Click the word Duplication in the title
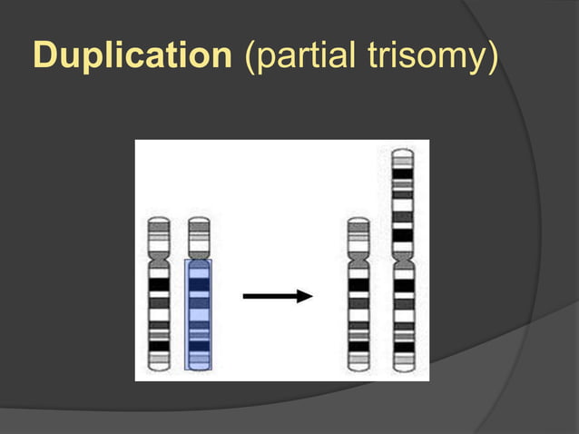(132, 56)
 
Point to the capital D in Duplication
(44, 56)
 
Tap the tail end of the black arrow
(244, 296)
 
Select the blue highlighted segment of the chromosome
(198, 313)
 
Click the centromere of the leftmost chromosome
(160, 259)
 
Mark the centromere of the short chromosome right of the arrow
(358, 259)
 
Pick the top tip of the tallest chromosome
(403, 152)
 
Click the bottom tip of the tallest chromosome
(403, 368)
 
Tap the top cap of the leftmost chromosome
(160, 221)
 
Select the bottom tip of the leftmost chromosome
(160, 368)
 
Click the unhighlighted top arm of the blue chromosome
(198, 238)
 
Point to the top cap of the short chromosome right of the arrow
(358, 221)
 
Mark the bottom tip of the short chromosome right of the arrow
(358, 368)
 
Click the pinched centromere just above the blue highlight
(198, 257)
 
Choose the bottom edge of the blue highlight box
(198, 369)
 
